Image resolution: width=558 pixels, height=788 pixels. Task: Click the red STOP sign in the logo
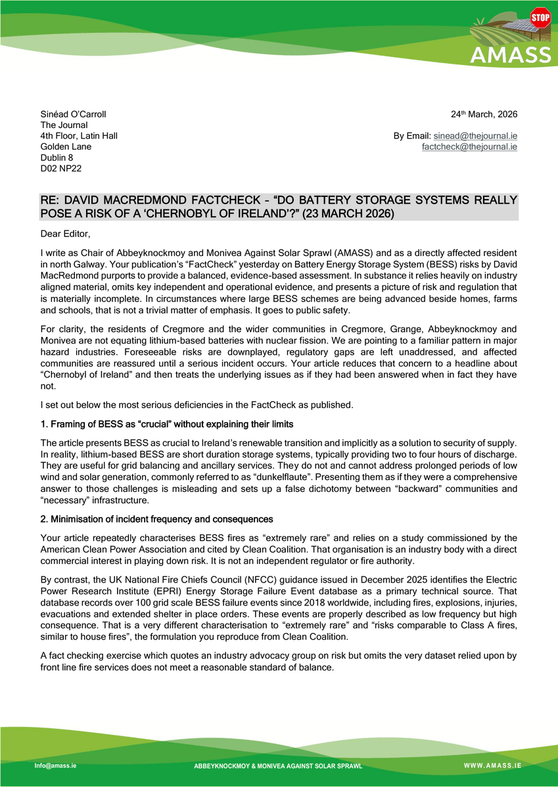(540, 17)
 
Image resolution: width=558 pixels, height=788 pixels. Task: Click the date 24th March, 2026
(484, 114)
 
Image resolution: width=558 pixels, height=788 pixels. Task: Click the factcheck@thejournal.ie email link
(469, 147)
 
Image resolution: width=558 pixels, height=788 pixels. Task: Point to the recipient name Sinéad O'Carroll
(74, 114)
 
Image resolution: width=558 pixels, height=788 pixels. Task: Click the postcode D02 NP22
(61, 169)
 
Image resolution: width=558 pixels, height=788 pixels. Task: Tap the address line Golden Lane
(66, 147)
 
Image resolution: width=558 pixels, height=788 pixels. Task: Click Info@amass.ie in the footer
(55, 765)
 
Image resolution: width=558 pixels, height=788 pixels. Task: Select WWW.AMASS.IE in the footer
(492, 766)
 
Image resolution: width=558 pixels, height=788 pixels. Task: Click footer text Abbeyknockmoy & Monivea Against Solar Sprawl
(277, 766)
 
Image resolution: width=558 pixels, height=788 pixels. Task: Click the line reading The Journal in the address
(64, 125)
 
